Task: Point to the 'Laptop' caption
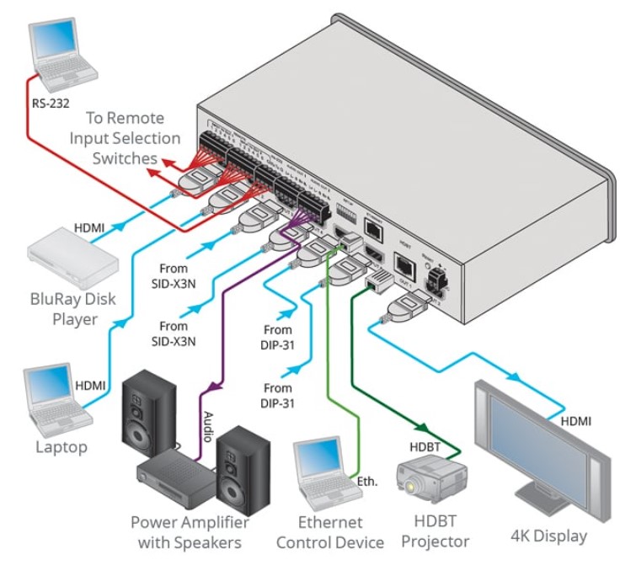[x=61, y=447]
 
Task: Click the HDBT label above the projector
[x=426, y=443]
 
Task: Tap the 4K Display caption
[x=548, y=536]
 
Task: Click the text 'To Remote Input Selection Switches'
[x=125, y=137]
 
